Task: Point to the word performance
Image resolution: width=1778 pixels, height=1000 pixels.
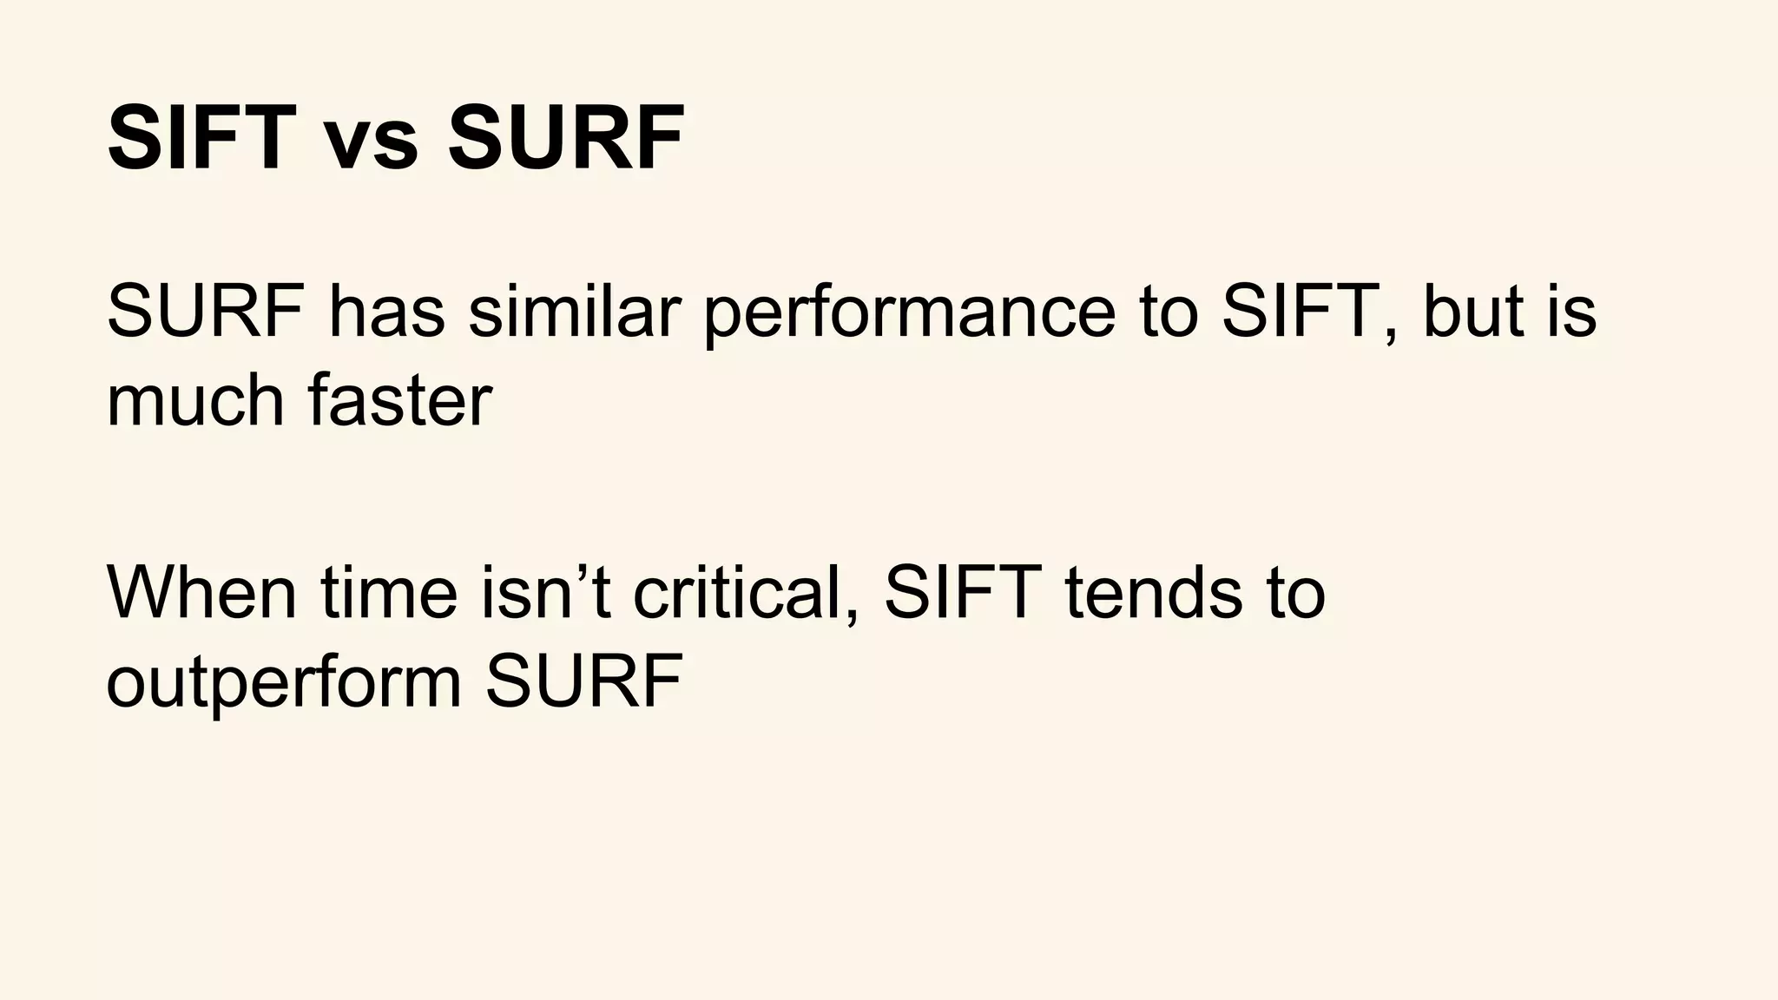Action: point(908,314)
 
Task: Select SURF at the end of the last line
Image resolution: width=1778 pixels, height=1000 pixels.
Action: point(583,682)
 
